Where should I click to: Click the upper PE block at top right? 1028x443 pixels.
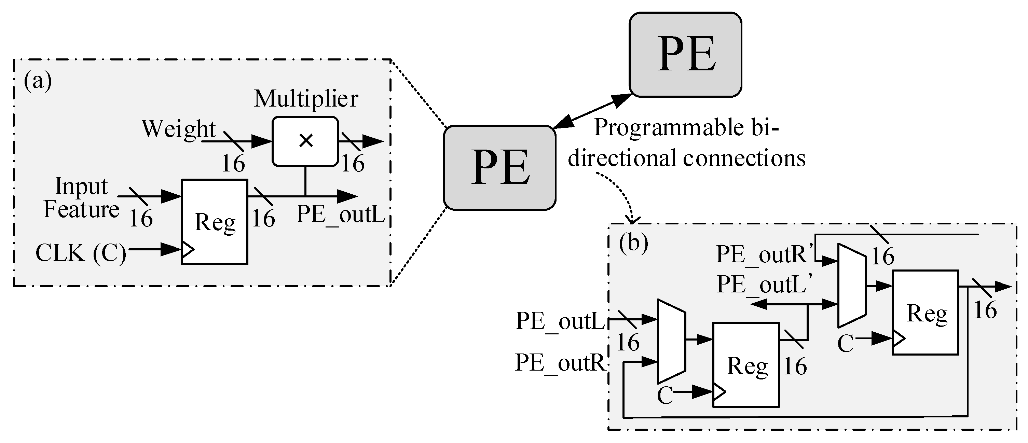click(x=685, y=55)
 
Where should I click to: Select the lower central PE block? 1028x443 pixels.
click(x=499, y=168)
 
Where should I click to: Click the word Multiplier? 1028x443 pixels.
click(x=306, y=99)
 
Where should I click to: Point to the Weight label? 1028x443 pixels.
click(x=178, y=129)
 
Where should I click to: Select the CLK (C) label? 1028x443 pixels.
click(x=81, y=253)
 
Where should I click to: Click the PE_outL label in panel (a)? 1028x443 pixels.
click(x=340, y=214)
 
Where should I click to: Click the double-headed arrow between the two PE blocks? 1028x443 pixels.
click(x=592, y=111)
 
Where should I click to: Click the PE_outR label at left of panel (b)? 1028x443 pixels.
click(x=560, y=362)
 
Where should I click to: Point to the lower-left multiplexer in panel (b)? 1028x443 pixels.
click(x=671, y=342)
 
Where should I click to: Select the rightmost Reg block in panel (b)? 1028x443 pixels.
click(x=925, y=313)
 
